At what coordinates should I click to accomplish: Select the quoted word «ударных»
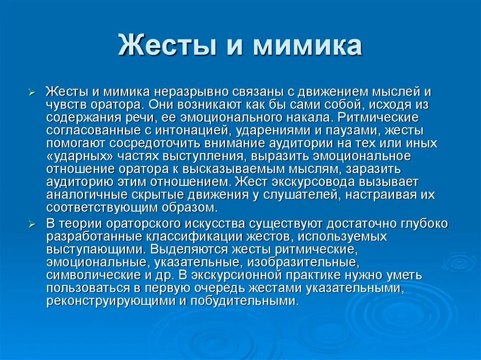click(x=76, y=155)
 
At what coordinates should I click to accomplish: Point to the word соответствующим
click(x=96, y=207)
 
